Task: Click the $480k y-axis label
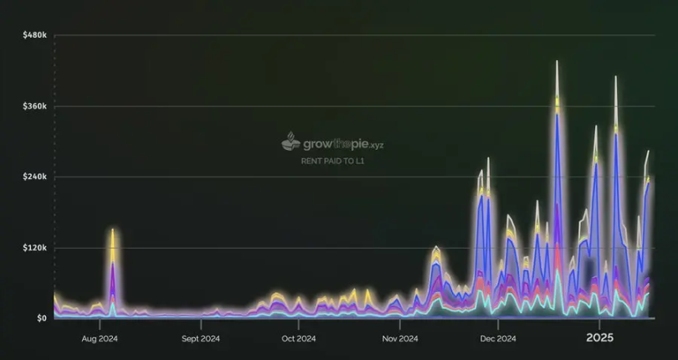[35, 35]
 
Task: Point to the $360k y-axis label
[35, 106]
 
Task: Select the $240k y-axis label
[35, 177]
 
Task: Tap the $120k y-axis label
[35, 248]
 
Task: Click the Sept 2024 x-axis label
[200, 339]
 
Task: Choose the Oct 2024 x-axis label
[299, 339]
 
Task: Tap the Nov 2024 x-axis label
[400, 339]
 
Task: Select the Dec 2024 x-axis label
[498, 339]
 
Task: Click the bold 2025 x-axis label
[599, 338]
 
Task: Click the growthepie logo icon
[290, 141]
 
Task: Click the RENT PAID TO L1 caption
[332, 161]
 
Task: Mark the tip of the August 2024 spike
[112, 229]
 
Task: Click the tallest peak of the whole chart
[557, 61]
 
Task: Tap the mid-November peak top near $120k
[436, 247]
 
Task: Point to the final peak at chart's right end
[648, 152]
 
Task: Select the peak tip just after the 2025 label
[615, 77]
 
